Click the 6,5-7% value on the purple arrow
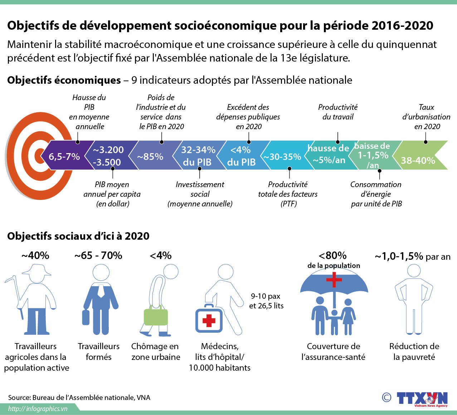[x=64, y=156]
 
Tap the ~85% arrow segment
[x=150, y=156]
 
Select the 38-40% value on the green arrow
[x=418, y=160]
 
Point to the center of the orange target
[x=39, y=156]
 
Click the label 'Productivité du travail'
[x=337, y=112]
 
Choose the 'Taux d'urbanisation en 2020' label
[x=426, y=117]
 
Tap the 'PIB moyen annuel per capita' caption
[x=112, y=194]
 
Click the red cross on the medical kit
[x=209, y=321]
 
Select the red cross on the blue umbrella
[x=334, y=279]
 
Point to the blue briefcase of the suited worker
[x=86, y=317]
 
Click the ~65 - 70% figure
[x=98, y=255]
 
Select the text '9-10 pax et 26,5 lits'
[x=266, y=301]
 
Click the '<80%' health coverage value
[x=332, y=255]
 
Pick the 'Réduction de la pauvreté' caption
[x=414, y=351]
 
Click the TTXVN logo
[x=422, y=399]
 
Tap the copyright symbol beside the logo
[x=386, y=397]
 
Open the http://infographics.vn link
[x=38, y=409]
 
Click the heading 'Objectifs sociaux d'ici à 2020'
[x=78, y=236]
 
